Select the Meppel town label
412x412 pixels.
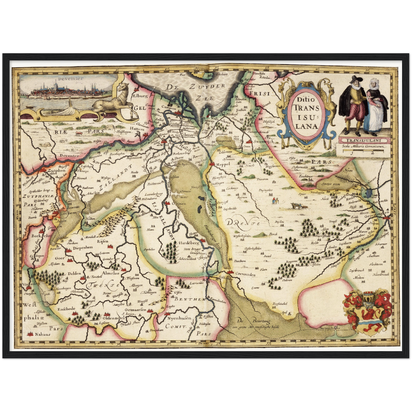223,164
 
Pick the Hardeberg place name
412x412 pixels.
189,243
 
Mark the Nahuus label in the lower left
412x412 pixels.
42,334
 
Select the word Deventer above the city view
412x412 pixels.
70,78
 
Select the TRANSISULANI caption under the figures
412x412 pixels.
363,140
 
